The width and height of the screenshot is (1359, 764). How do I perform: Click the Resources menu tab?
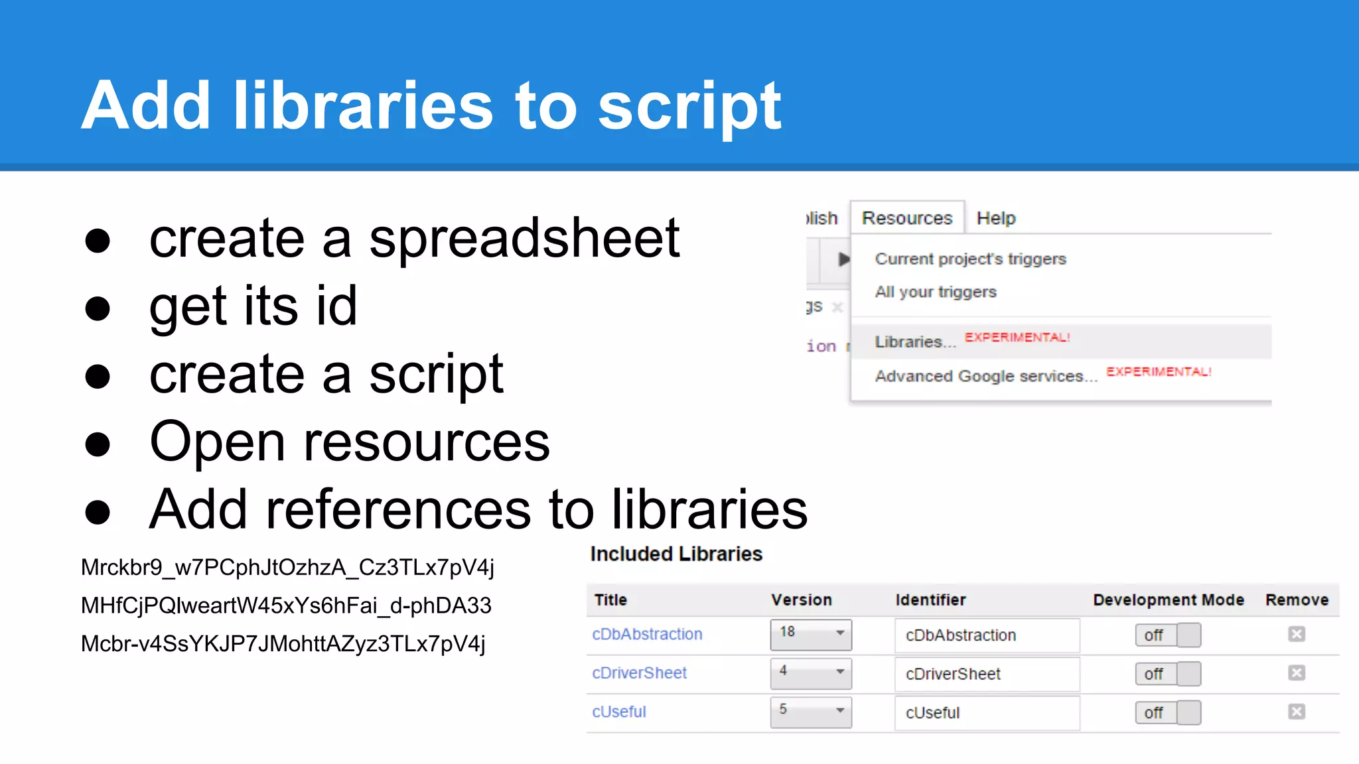(x=906, y=218)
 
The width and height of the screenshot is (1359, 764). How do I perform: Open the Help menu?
(x=995, y=218)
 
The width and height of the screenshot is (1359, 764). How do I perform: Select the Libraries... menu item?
(x=915, y=342)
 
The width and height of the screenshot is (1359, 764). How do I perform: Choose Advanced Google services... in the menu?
(x=985, y=376)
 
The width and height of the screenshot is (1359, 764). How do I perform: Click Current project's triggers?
(x=970, y=259)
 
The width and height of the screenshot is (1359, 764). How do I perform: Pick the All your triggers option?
(x=935, y=292)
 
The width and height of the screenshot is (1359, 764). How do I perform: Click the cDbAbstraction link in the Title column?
(x=647, y=634)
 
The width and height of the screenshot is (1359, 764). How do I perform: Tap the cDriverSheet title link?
(x=639, y=673)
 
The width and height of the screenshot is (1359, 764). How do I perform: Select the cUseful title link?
(x=618, y=712)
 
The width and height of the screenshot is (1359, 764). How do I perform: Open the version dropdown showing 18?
(x=810, y=634)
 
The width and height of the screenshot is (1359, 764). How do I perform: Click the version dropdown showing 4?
(x=810, y=673)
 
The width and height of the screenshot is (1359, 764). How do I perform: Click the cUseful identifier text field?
(x=986, y=713)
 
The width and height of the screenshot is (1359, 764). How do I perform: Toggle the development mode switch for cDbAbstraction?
(x=1167, y=635)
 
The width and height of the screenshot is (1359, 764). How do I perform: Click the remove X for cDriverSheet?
(x=1296, y=673)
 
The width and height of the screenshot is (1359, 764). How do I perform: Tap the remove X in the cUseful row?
(x=1296, y=712)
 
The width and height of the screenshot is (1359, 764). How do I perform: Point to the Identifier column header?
(x=930, y=600)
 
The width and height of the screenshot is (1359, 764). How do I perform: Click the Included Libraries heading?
(x=676, y=554)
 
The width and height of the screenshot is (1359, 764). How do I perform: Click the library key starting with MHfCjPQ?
(x=286, y=605)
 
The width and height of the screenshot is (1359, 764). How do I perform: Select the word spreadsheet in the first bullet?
(x=524, y=238)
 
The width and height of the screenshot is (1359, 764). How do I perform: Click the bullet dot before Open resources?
(x=98, y=444)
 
